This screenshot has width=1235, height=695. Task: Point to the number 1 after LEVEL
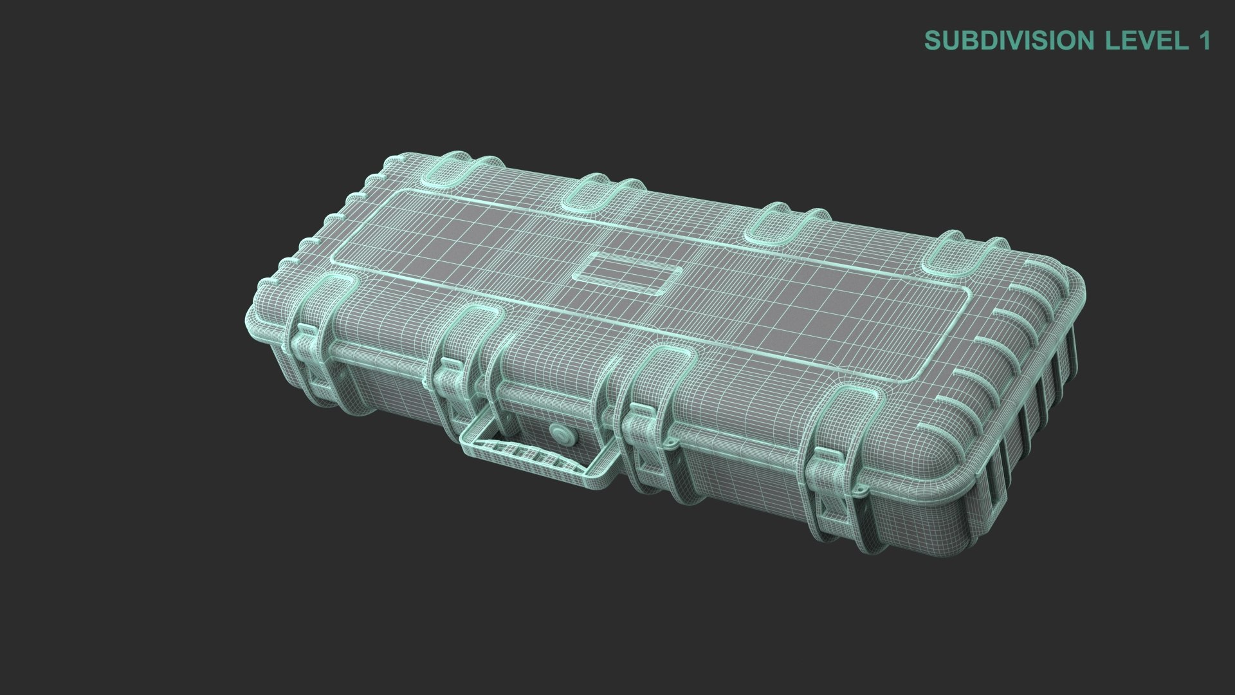click(x=1204, y=41)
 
